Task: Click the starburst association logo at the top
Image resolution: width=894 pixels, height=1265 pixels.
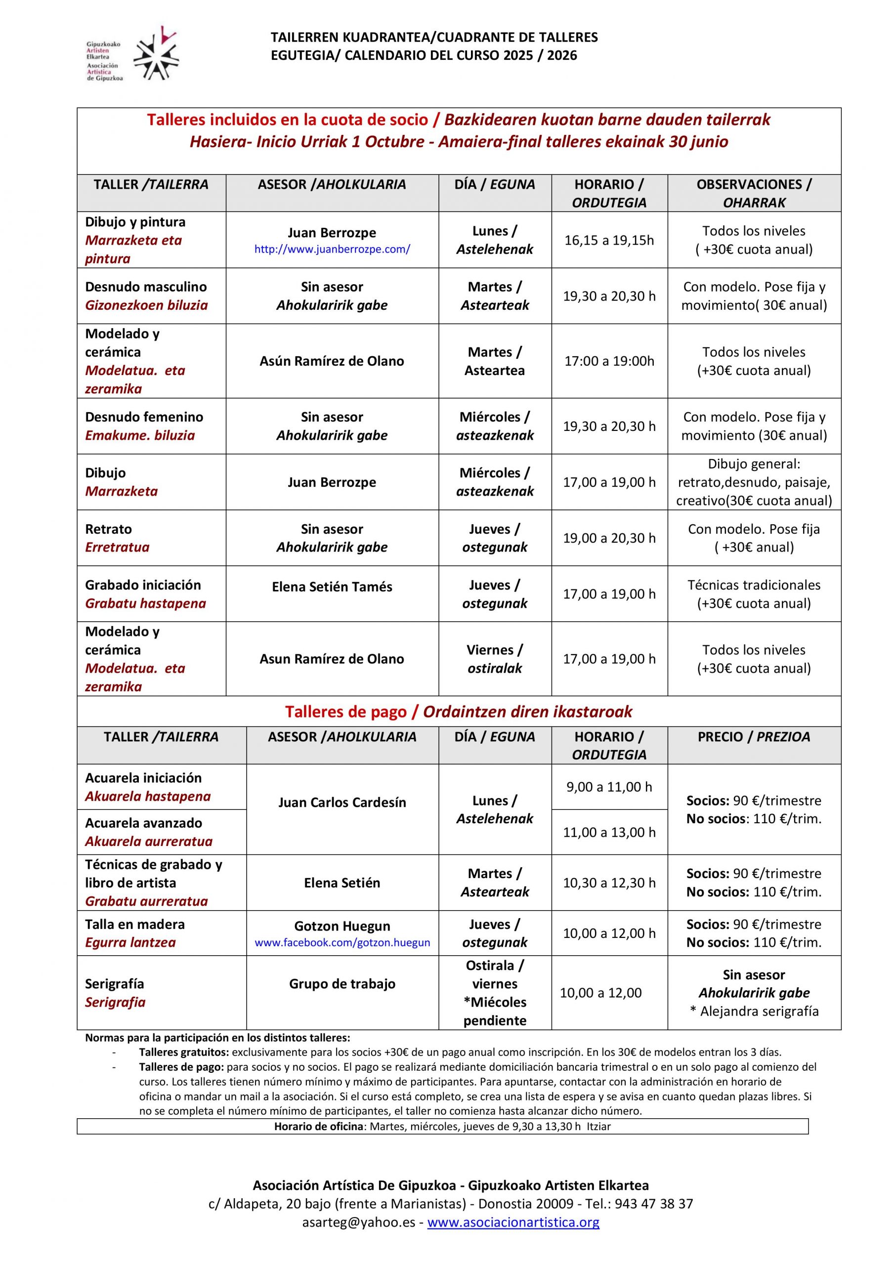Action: (157, 53)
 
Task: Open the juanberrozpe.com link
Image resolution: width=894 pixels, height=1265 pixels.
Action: (332, 249)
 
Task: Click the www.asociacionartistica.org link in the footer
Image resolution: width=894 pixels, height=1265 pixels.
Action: (513, 1237)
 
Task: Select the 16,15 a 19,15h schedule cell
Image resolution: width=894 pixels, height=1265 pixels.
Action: (609, 240)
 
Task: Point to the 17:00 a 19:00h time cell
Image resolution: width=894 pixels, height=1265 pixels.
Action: (609, 361)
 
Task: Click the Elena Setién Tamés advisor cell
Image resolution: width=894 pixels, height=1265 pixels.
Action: (332, 587)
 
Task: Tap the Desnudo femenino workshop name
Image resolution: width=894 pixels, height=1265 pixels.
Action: (144, 417)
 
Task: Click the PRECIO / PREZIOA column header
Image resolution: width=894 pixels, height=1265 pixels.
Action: (754, 737)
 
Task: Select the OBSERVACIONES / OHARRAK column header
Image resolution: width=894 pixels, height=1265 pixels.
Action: (754, 193)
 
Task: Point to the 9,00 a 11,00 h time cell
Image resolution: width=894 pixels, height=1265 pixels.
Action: (609, 787)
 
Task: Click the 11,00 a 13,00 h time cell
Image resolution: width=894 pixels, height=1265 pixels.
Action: (609, 832)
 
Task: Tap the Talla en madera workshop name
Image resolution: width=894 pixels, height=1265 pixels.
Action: (134, 924)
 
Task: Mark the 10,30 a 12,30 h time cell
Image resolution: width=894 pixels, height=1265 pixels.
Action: (609, 883)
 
